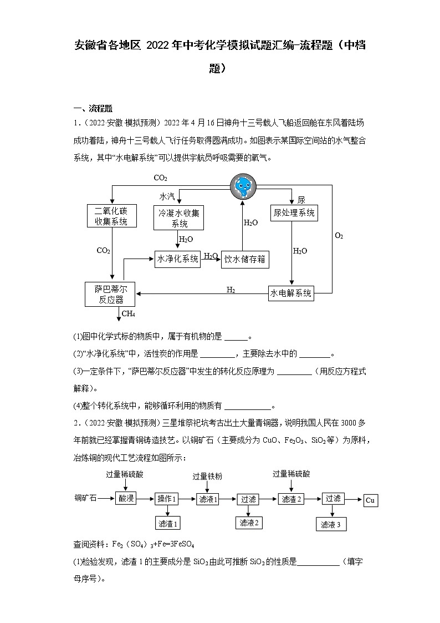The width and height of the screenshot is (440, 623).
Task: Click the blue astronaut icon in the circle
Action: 243,186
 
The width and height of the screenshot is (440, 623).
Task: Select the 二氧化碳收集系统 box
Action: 111,216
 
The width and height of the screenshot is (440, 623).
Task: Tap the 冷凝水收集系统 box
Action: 179,218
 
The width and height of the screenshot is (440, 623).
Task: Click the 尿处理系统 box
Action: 294,212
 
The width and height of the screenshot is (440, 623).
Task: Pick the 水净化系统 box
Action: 177,259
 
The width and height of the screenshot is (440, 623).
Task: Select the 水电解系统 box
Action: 291,293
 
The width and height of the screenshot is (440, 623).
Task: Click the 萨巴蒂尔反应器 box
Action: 110,295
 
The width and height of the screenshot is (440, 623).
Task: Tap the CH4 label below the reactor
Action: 129,315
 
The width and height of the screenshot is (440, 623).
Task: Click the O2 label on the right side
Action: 339,236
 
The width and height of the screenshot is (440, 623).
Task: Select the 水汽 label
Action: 167,196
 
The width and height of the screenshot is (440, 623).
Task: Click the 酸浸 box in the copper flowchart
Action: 126,499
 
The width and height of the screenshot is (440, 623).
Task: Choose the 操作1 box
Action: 167,499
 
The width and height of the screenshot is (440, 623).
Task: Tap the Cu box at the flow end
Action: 370,500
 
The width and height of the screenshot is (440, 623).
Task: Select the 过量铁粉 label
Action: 207,477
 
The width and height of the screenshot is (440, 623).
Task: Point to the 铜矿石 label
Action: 86,499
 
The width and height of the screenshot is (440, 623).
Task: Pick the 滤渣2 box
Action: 291,499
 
